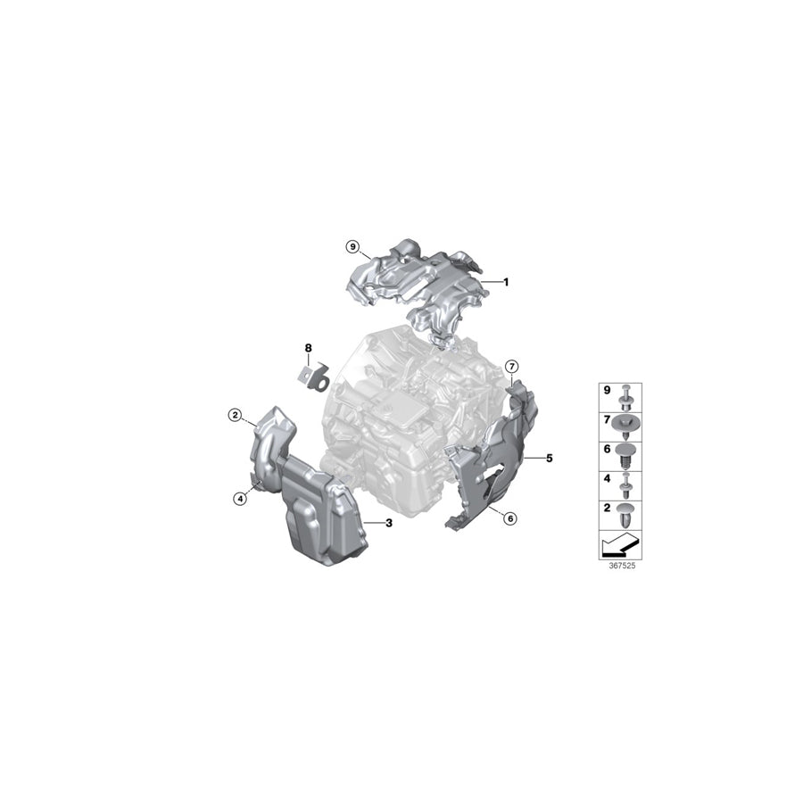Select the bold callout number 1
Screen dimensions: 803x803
[505, 282]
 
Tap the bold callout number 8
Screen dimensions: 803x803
[308, 348]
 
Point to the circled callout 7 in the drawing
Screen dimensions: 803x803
[511, 366]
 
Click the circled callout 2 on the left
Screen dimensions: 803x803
[235, 414]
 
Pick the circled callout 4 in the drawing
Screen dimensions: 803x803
[240, 499]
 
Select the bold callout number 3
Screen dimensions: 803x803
[389, 523]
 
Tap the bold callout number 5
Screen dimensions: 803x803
[550, 458]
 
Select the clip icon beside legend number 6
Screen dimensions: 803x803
[625, 452]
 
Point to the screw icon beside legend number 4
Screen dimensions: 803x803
[625, 484]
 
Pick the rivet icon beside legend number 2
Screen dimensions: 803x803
[625, 514]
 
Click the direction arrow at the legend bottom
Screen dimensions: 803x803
[619, 542]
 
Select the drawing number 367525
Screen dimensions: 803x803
[619, 565]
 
